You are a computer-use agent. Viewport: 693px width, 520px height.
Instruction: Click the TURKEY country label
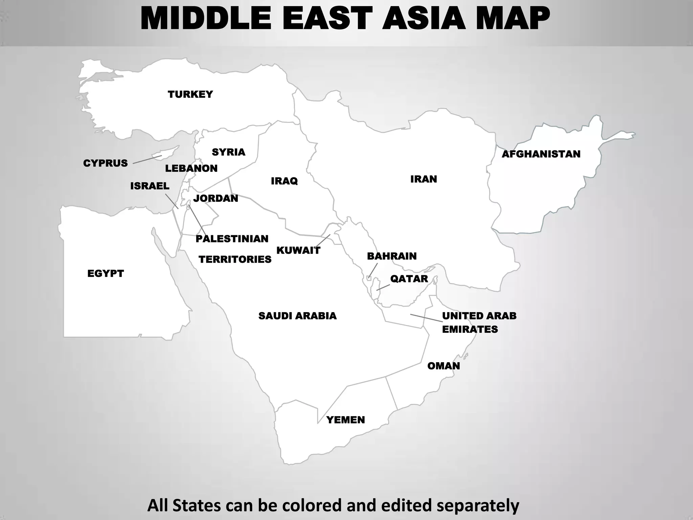pos(190,94)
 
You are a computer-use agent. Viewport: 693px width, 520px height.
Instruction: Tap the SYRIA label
pos(228,152)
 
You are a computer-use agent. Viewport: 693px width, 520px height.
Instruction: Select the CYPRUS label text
pos(105,163)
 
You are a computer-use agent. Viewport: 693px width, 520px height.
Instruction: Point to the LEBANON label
pos(191,168)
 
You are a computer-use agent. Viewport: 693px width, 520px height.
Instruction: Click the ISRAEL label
pos(150,186)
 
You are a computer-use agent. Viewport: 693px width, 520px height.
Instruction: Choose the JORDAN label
pos(216,198)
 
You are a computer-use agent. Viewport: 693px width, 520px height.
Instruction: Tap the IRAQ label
pos(284,181)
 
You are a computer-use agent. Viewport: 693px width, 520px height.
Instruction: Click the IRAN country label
pos(424,179)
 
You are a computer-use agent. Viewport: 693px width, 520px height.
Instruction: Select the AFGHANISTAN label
pos(541,154)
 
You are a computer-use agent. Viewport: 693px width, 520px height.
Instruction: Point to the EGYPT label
pos(106,273)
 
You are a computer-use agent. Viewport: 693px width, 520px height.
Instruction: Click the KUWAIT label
pos(298,251)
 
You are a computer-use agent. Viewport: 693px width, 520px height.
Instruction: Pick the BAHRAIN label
pos(392,256)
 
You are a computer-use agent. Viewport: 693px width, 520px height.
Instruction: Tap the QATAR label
pos(409,279)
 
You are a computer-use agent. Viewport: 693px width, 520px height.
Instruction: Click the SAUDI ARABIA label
pos(297,316)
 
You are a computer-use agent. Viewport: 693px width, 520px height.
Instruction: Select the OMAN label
pos(444,366)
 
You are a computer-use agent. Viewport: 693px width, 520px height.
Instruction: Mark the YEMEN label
pos(345,420)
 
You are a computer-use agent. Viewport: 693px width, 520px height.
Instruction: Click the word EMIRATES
pos(470,329)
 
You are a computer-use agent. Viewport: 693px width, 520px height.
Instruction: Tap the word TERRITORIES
pos(235,259)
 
